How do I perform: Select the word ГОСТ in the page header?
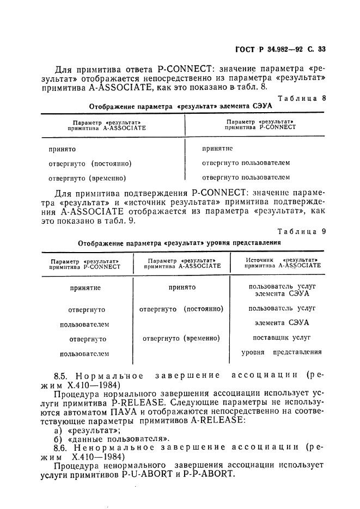[x=245, y=49]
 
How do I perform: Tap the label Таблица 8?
[x=302, y=98]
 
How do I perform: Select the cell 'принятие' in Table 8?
[x=217, y=148]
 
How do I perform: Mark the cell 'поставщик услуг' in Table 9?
[x=282, y=338]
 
